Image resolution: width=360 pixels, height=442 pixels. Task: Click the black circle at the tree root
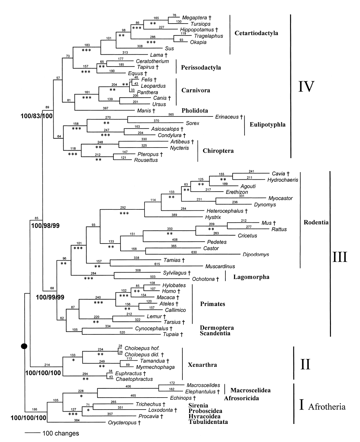[x=24, y=346]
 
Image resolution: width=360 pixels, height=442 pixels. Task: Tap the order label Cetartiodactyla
[x=256, y=33]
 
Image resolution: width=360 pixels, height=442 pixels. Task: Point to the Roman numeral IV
[x=306, y=86]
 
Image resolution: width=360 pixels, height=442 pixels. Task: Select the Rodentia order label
[x=316, y=223]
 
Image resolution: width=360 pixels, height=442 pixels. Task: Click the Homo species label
[x=169, y=291]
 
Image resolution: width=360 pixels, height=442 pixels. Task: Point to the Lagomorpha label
[x=251, y=277]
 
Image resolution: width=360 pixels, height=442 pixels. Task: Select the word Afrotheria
[x=327, y=406]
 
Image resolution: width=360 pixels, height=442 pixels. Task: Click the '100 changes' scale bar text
[x=60, y=433]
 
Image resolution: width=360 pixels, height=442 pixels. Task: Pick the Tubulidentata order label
[x=208, y=422]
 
